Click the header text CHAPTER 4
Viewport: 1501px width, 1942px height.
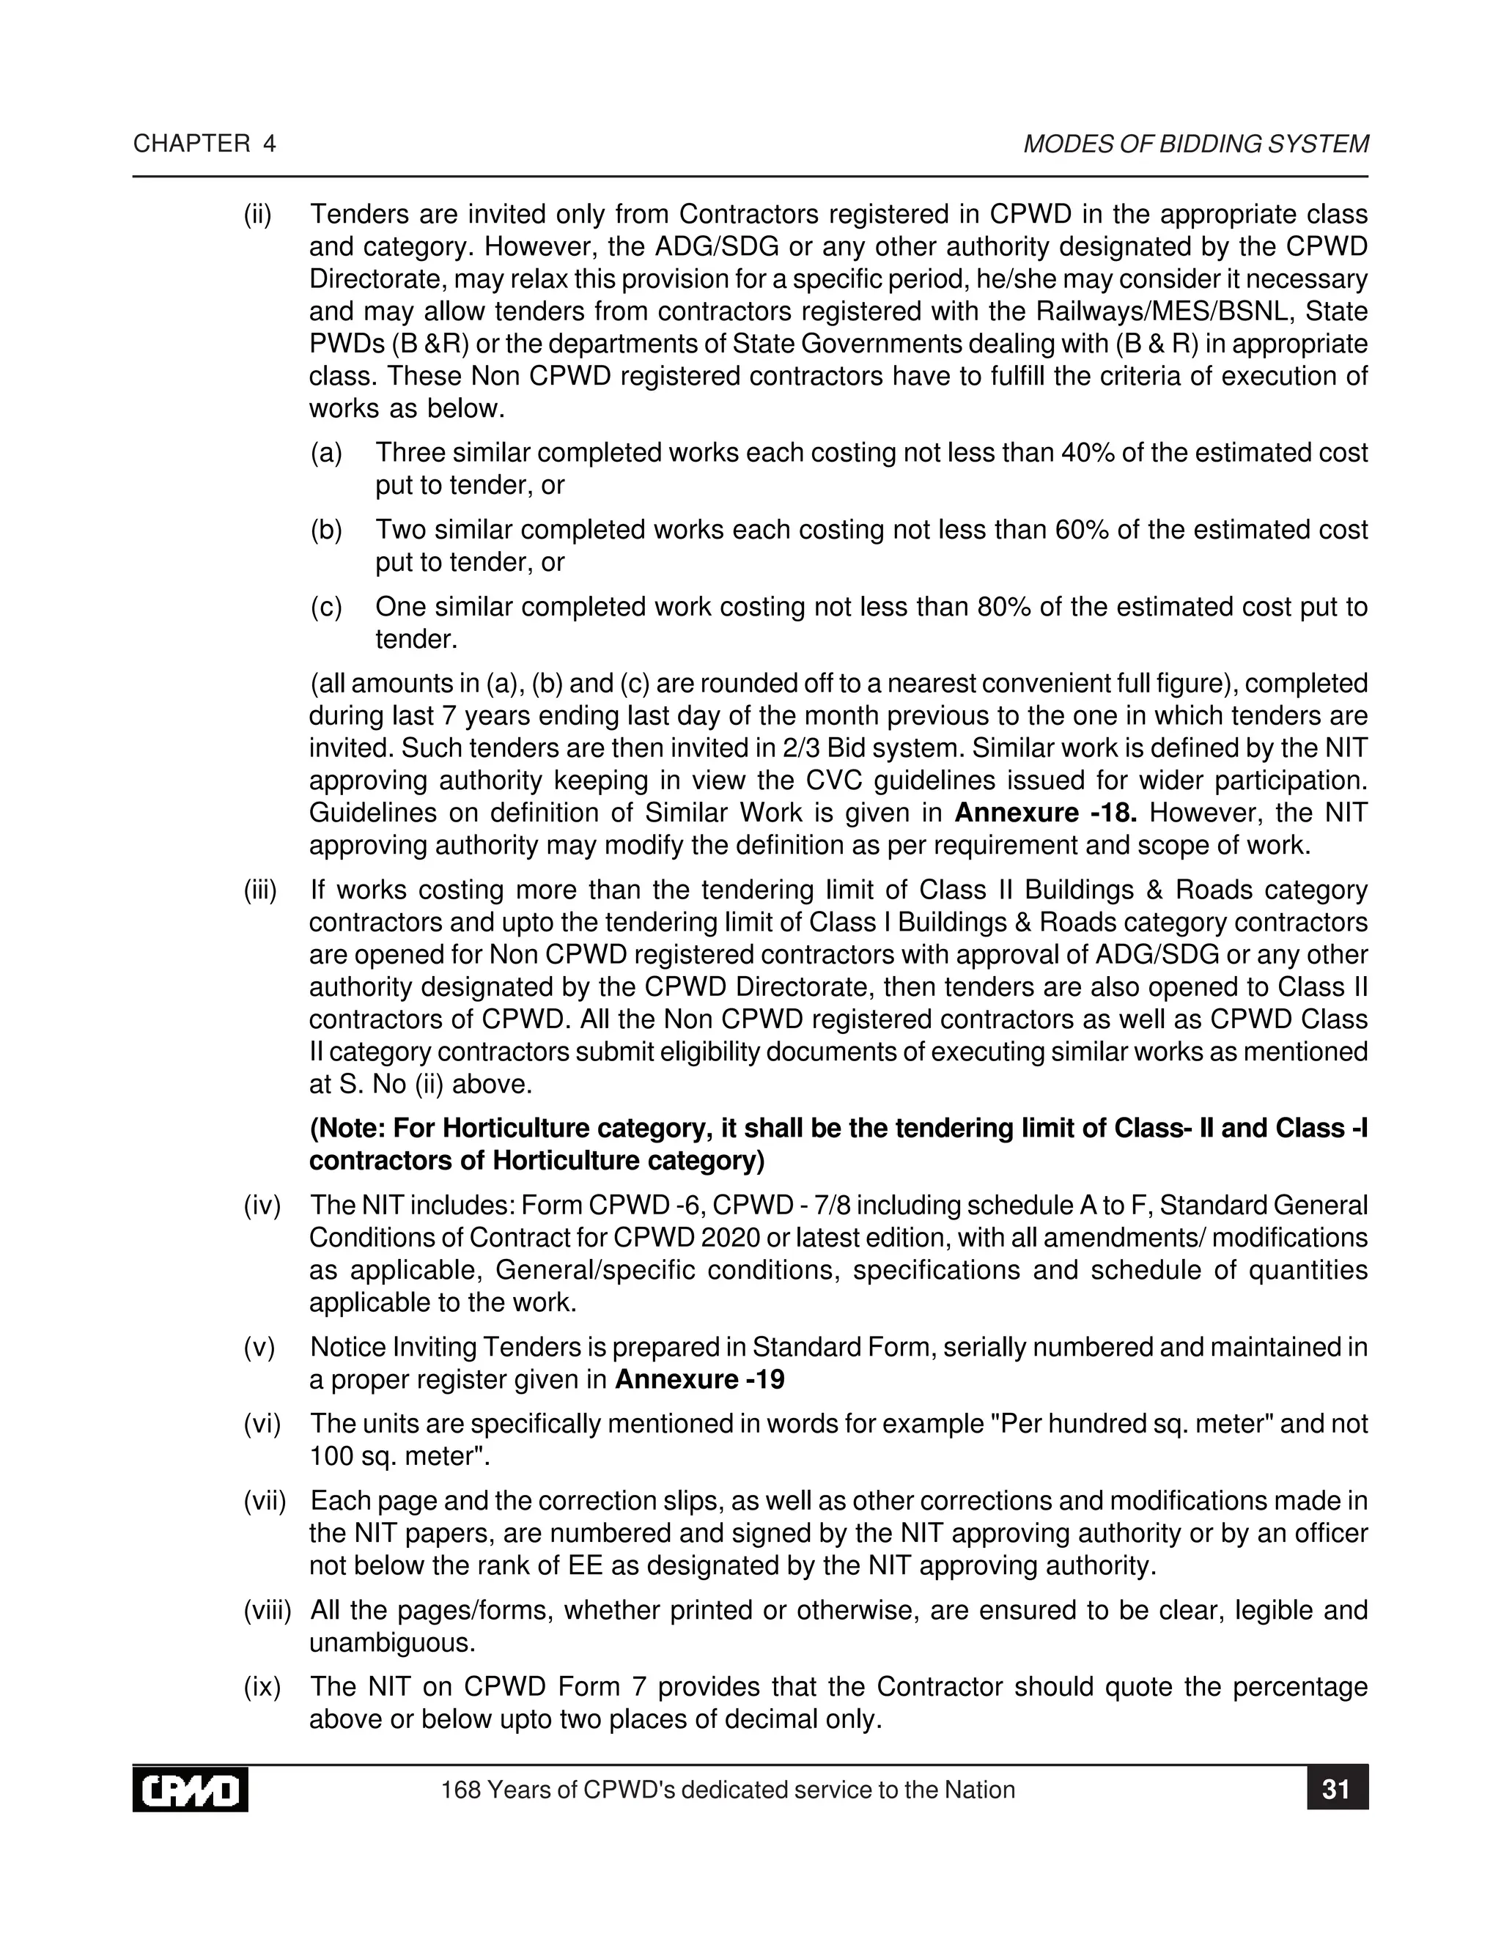204,144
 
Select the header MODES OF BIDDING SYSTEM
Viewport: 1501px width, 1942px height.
1195,144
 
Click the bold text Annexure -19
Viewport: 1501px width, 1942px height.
699,1379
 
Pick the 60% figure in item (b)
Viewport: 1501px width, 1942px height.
1083,529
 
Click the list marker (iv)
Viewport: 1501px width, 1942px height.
262,1206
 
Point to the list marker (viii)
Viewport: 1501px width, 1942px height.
267,1610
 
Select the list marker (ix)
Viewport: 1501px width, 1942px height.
262,1687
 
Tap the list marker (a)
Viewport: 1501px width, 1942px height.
326,453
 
